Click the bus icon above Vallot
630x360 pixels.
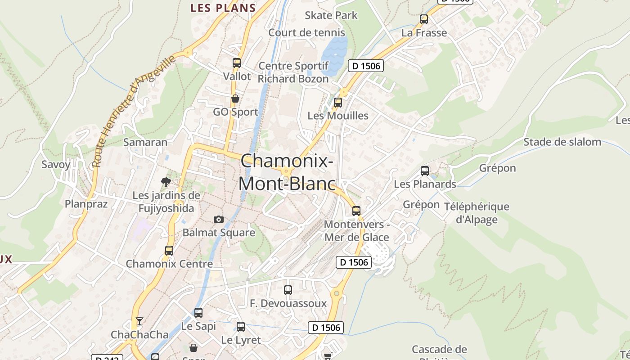pos(237,63)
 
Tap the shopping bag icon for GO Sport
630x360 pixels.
pos(235,98)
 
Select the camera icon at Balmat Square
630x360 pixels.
pos(219,219)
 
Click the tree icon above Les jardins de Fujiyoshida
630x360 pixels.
pos(166,182)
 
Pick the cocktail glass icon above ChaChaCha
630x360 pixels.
pos(139,321)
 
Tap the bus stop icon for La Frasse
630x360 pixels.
pos(424,19)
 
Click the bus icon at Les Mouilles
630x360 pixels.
pos(338,102)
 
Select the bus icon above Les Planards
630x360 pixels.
pos(425,171)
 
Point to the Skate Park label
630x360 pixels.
pos(331,15)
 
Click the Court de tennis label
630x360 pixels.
pos(307,32)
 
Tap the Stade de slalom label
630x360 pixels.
pos(562,142)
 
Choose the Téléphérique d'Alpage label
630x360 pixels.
pos(477,213)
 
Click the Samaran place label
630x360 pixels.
pos(145,142)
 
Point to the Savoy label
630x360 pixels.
pos(56,164)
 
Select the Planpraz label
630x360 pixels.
pos(86,204)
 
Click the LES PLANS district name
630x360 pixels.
pos(223,8)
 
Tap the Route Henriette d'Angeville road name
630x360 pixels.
pos(133,111)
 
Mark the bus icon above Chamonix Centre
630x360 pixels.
pos(169,251)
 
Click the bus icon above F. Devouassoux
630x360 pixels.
pos(288,290)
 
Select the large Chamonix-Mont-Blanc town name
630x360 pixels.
pos(287,172)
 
